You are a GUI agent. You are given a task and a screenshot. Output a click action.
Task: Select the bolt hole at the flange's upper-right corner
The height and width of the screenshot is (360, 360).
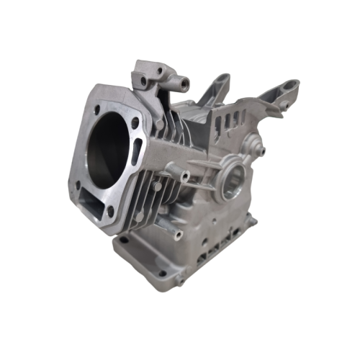point(135,123)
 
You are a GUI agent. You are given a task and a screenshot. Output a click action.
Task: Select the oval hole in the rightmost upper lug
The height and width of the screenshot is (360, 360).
point(289,86)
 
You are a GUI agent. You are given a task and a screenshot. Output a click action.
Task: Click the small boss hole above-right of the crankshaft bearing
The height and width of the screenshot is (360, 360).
point(261,151)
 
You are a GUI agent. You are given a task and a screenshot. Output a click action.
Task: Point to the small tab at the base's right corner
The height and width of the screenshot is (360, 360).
point(251,220)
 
